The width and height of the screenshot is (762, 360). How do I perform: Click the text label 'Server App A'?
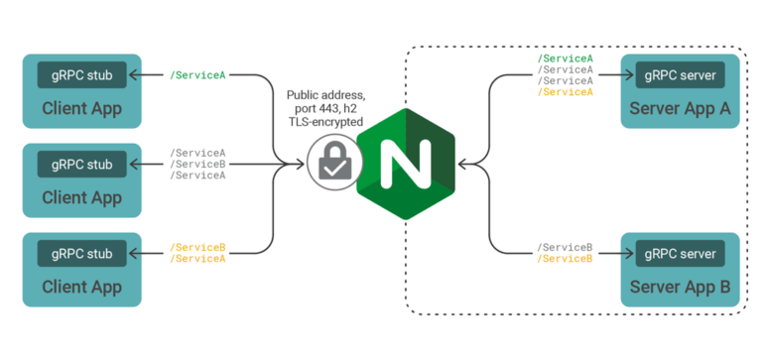(x=680, y=108)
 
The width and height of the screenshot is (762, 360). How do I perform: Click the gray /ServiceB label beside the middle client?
(x=197, y=164)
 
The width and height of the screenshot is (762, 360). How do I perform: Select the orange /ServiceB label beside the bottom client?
(x=197, y=247)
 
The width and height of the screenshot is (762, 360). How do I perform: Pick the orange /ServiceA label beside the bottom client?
(x=197, y=258)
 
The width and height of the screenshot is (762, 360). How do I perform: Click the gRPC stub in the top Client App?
(x=80, y=73)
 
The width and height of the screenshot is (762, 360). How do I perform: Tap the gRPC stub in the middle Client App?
(x=80, y=163)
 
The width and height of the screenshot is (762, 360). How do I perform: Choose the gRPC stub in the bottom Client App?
(x=80, y=252)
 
